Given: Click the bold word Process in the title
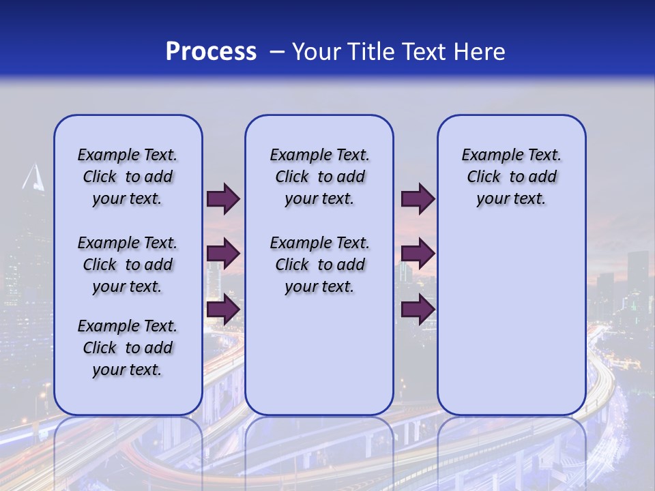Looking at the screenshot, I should point(211,51).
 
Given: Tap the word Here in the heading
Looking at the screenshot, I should point(480,51).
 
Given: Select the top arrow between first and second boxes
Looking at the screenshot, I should point(223,199).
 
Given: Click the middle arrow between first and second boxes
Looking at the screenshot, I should point(223,254).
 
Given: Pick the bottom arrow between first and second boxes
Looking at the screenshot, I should point(223,310).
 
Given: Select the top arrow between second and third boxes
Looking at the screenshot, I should point(418,199).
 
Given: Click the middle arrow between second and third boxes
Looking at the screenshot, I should point(418,254).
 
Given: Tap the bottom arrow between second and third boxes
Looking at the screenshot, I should point(418,310).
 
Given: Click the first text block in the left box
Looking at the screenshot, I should point(128,177).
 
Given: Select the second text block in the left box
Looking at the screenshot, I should point(128,265).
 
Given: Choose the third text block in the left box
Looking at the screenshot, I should point(128,348).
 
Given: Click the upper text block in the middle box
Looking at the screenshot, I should point(319,177).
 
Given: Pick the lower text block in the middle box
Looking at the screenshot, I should point(319,265).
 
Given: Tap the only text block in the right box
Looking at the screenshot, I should point(511,177).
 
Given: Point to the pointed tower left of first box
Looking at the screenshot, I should point(33,179).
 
